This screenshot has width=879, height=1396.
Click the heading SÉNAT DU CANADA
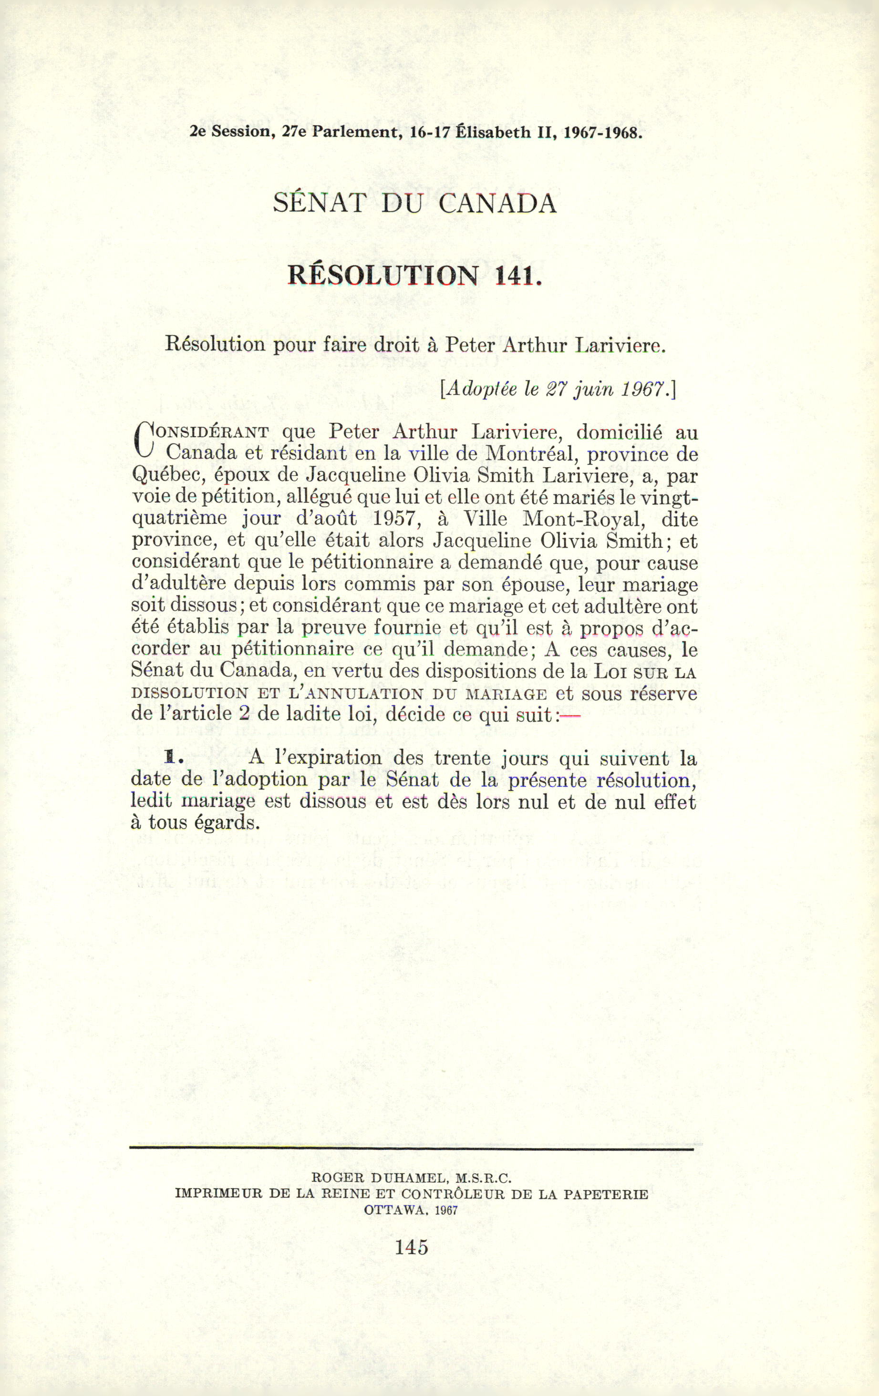coord(414,204)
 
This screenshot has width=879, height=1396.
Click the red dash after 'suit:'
coord(570,716)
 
